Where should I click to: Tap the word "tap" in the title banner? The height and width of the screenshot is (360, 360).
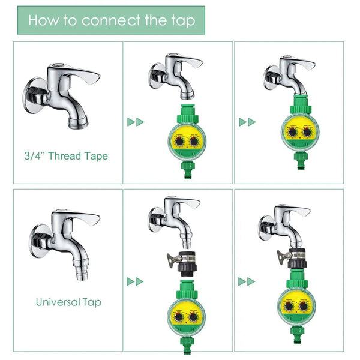(182, 21)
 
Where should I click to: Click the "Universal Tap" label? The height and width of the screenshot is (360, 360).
(68, 302)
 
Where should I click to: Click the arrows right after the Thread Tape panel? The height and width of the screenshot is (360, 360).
(136, 122)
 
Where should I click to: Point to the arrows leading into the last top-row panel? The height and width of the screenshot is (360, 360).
(247, 122)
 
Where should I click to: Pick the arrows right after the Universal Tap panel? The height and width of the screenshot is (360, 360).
(136, 281)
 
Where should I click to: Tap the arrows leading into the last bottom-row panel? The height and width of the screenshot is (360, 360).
(247, 281)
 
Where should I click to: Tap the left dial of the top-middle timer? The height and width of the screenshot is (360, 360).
(179, 142)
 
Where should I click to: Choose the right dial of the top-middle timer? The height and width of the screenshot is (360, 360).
(195, 142)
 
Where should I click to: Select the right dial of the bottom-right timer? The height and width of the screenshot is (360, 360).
(304, 306)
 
